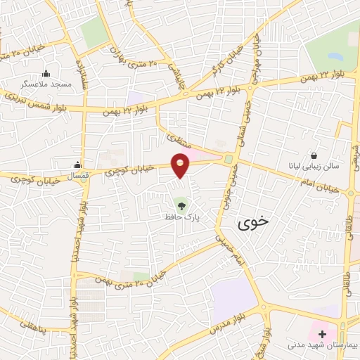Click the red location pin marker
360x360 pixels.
pyautogui.click(x=181, y=164)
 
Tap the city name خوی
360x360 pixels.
pyautogui.click(x=253, y=224)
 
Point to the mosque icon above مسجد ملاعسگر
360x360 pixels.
pyautogui.click(x=47, y=73)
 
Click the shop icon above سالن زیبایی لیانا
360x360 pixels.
pyautogui.click(x=314, y=155)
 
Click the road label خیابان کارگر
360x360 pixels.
pyautogui.click(x=224, y=62)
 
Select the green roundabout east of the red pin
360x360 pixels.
pyautogui.click(x=229, y=160)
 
